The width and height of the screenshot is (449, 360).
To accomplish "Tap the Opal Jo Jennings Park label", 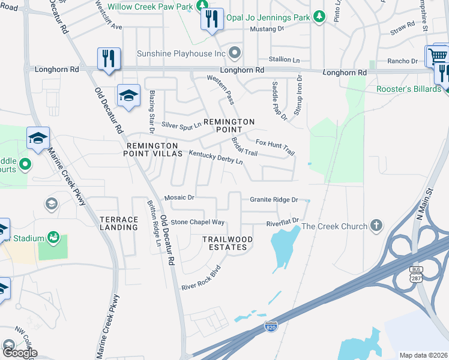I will (268, 17).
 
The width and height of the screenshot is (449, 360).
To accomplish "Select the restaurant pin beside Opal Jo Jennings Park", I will (212, 20).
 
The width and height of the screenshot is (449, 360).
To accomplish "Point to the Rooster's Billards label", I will (408, 89).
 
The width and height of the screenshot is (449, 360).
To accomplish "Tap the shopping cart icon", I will (438, 56).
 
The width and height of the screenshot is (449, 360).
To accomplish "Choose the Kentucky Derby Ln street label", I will (215, 158).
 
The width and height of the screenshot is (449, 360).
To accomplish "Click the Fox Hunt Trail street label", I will (276, 147).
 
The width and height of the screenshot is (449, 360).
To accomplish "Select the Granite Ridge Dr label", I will (274, 199).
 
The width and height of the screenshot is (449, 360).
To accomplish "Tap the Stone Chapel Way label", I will (197, 222).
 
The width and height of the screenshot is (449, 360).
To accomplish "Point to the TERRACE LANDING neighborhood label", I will (119, 224).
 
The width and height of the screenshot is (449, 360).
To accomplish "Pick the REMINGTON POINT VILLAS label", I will (152, 150).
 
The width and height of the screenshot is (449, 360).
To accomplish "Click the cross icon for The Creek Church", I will (376, 226).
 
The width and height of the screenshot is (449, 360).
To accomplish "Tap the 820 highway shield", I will (270, 326).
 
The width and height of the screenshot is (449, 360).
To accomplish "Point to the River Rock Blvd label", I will (201, 278).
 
